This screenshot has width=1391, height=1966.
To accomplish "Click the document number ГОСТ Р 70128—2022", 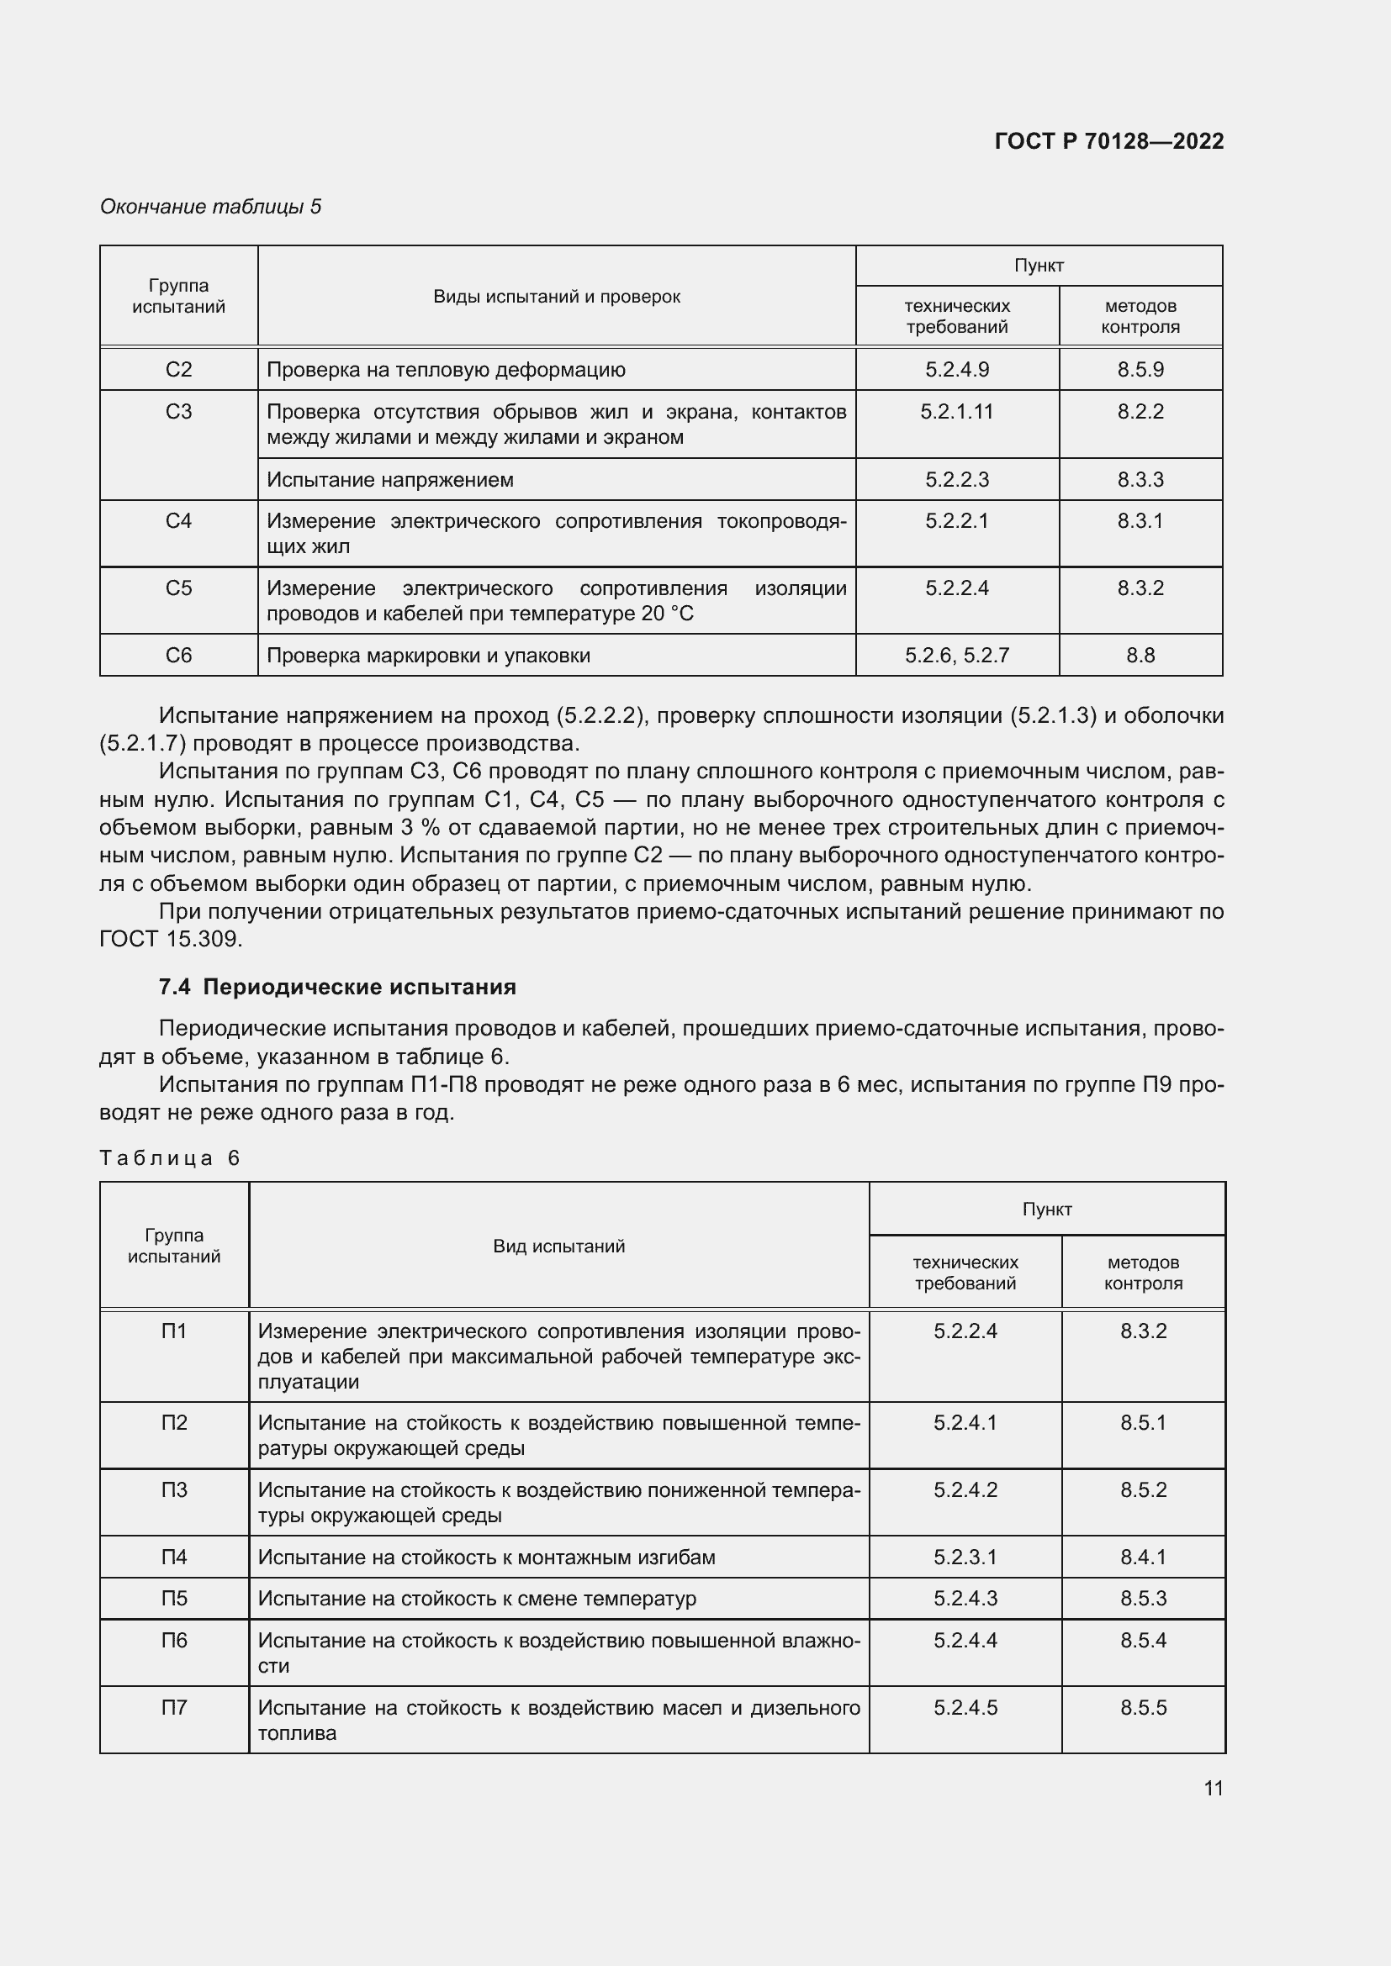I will pyautogui.click(x=1108, y=141).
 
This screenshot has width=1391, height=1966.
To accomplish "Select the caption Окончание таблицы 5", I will pyautogui.click(x=211, y=207).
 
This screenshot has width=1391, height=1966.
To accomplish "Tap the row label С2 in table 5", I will pyautogui.click(x=178, y=370).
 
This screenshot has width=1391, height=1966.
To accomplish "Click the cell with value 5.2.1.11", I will pyautogui.click(x=957, y=412).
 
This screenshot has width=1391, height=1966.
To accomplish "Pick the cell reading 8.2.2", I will pyautogui.click(x=1140, y=412).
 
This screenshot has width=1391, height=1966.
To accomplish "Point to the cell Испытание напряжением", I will pyautogui.click(x=389, y=479).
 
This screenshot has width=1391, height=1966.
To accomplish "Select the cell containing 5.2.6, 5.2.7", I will pyautogui.click(x=957, y=655).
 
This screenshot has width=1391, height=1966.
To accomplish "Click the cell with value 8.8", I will pyautogui.click(x=1140, y=655).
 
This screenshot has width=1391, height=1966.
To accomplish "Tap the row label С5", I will pyautogui.click(x=178, y=588).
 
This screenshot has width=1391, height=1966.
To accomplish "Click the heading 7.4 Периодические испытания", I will pyautogui.click(x=337, y=988).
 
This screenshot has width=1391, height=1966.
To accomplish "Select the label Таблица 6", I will pyautogui.click(x=170, y=1157).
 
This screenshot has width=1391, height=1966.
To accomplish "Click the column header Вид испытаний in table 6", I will pyautogui.click(x=558, y=1246).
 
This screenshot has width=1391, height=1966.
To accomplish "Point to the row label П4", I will pyautogui.click(x=174, y=1557).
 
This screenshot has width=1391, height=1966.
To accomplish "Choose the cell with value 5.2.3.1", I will pyautogui.click(x=965, y=1557).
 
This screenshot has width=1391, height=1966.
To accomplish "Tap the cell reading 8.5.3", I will pyautogui.click(x=1143, y=1599).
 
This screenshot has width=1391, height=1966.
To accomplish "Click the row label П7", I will pyautogui.click(x=174, y=1707).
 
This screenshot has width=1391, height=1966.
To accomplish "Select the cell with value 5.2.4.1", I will pyautogui.click(x=965, y=1422).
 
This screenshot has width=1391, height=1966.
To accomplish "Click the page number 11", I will pyautogui.click(x=1213, y=1788).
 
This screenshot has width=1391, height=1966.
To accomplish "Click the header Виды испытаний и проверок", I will pyautogui.click(x=557, y=296).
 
